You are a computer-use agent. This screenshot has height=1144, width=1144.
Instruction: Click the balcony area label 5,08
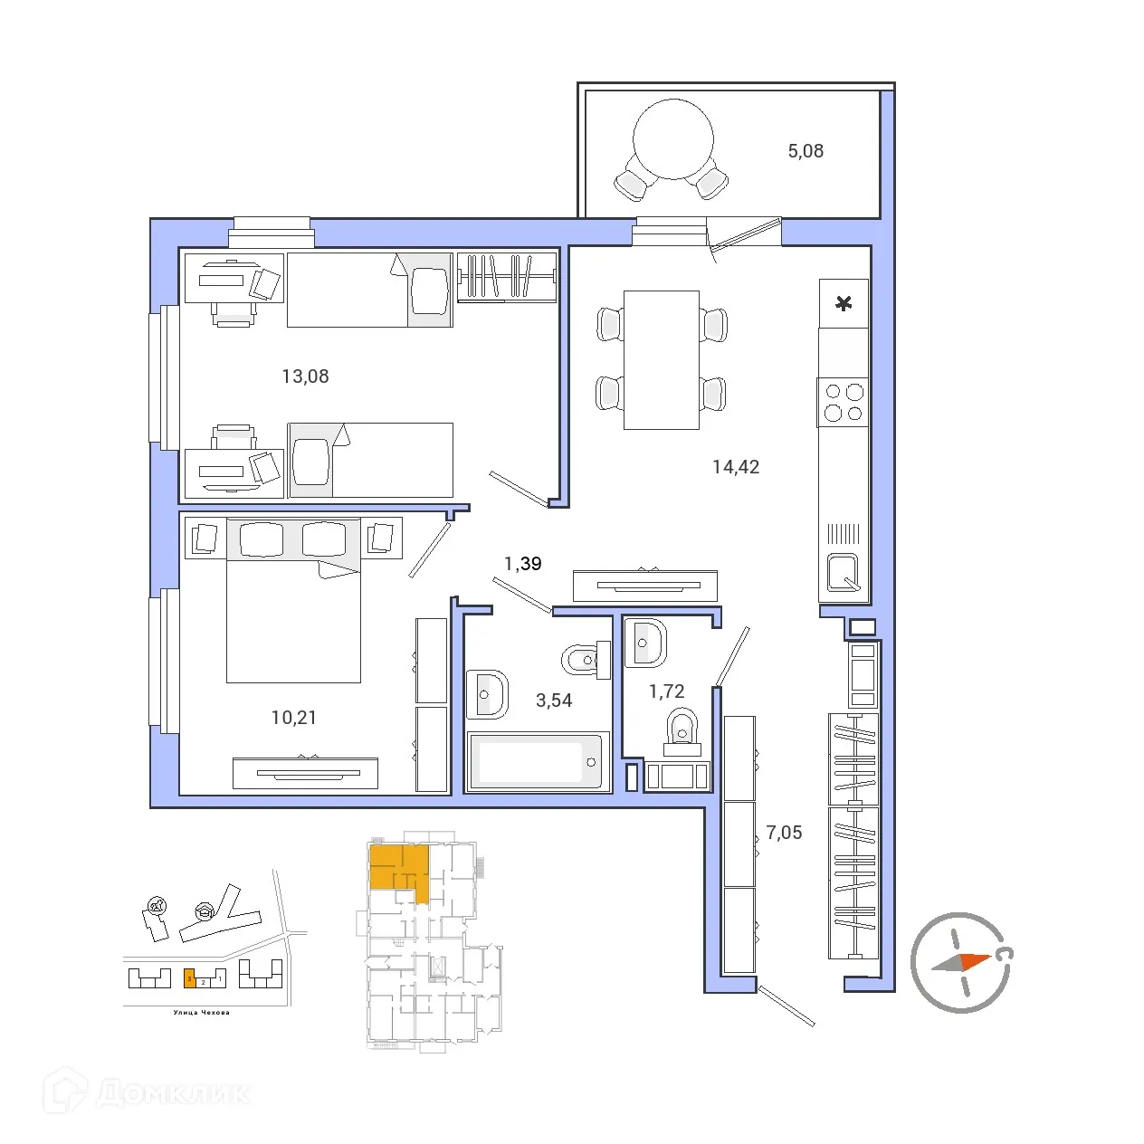coord(806,151)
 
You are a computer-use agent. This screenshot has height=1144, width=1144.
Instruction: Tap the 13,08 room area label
coord(305,377)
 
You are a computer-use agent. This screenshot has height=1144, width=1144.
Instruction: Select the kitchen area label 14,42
coord(736,467)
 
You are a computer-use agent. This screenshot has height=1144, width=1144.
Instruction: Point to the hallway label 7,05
coord(784,833)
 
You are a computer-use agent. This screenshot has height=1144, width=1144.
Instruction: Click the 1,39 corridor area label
coord(522,564)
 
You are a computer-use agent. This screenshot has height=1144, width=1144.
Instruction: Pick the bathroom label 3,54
coord(554,701)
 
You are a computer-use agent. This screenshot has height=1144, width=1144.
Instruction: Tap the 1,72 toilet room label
coord(666,691)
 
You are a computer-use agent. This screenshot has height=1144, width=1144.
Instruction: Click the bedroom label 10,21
coord(294,718)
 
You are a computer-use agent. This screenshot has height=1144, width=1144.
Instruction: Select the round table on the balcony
coord(673,140)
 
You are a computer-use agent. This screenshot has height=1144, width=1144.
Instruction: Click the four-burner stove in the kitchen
coord(844,403)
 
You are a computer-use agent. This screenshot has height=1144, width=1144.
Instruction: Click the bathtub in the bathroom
coord(537,762)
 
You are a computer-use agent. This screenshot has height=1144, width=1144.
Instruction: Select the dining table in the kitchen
coord(662,359)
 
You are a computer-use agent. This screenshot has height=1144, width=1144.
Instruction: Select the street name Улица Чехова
coord(202,1013)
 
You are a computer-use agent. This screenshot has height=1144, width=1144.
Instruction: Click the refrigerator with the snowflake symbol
coord(844,303)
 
